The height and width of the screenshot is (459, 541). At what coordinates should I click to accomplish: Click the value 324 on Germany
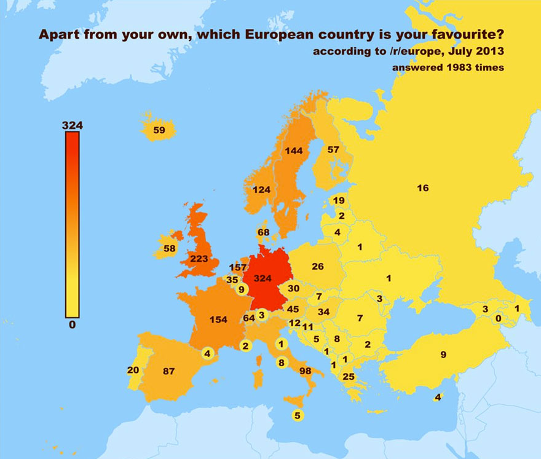[x=263, y=278]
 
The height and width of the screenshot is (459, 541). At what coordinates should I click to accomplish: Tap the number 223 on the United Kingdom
[x=199, y=259]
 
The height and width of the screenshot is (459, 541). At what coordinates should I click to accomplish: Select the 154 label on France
[x=218, y=320]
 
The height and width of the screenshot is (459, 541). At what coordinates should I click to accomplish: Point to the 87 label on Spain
[x=169, y=371]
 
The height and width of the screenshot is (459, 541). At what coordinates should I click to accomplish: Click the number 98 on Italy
[x=306, y=371]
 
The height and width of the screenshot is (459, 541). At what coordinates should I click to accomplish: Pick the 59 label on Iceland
[x=159, y=130]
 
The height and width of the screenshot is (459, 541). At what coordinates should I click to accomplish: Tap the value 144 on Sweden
[x=294, y=151]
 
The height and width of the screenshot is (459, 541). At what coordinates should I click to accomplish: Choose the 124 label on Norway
[x=261, y=190]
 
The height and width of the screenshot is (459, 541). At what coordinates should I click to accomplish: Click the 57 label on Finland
[x=333, y=149]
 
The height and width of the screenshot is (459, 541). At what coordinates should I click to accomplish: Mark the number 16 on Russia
[x=422, y=188]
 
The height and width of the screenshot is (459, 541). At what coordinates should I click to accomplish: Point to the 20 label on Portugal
[x=133, y=370]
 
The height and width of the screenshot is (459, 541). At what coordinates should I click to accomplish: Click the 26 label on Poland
[x=318, y=267]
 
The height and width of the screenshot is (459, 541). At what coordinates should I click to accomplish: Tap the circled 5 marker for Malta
[x=298, y=415]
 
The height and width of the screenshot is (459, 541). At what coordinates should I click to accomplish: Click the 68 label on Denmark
[x=264, y=232]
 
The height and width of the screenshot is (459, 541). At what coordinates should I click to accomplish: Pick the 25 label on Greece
[x=349, y=377]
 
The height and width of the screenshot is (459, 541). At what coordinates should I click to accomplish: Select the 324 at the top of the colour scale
[x=72, y=125]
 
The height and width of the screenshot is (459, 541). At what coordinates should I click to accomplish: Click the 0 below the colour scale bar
[x=72, y=325]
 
